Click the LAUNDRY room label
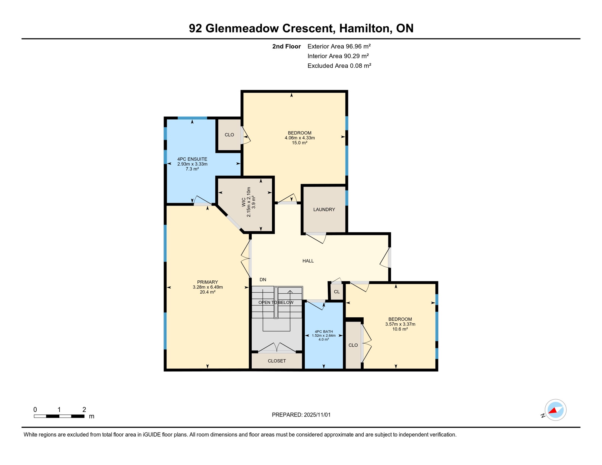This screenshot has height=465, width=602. tap(324, 209)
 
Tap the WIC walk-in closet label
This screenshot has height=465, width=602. tap(243, 202)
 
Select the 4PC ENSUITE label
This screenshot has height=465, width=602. tap(192, 159)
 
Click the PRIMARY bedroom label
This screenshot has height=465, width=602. tap(207, 282)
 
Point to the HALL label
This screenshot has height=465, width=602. tap(308, 261)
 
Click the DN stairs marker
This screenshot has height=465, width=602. tap(263, 280)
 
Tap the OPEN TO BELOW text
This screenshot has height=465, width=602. tap(276, 302)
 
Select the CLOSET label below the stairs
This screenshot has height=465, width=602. tap(277, 361)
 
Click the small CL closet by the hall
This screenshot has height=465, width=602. tap(336, 292)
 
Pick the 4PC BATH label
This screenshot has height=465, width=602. tap(323, 331)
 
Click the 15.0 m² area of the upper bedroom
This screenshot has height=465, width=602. tap(299, 143)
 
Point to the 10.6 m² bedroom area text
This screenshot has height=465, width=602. tap(400, 329)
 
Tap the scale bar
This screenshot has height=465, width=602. tap(59, 416)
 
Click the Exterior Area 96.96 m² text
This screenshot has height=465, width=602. tap(339, 46)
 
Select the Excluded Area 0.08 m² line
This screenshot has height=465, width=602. tap(339, 66)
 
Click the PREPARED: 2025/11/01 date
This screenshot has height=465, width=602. tap(301, 415)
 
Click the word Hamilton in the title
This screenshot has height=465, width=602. tap(364, 28)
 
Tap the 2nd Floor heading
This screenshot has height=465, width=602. tap(286, 46)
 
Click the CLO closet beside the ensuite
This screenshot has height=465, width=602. tap(229, 135)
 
